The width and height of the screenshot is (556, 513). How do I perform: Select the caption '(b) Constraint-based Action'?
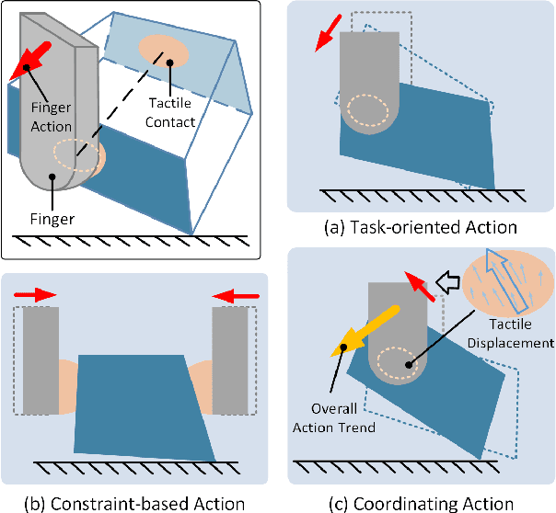click(x=136, y=502)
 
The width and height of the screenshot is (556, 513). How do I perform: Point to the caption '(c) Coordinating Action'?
click(x=420, y=502)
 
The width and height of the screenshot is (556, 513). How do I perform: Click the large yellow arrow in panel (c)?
click(x=362, y=328)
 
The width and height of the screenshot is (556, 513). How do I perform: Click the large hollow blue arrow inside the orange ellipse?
click(x=501, y=280)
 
